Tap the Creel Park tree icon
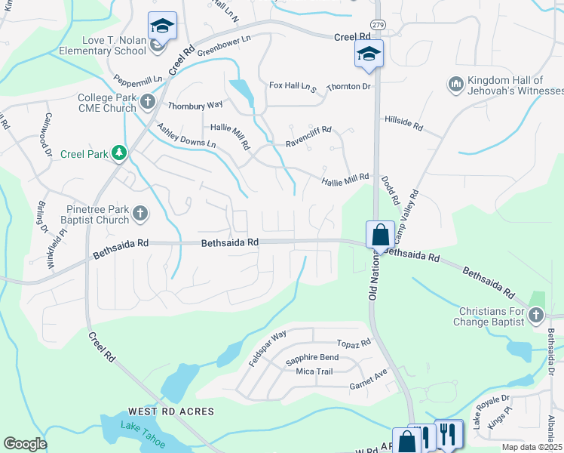(118, 154)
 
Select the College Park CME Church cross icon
(147, 100)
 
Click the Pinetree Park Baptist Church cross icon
(139, 215)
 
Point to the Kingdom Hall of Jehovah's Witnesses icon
(455, 85)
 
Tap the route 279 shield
(379, 24)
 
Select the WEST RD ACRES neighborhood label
(171, 411)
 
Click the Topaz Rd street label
(354, 344)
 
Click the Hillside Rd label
(403, 119)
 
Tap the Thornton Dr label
(351, 86)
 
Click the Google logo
(25, 443)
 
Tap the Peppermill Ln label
(138, 79)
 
